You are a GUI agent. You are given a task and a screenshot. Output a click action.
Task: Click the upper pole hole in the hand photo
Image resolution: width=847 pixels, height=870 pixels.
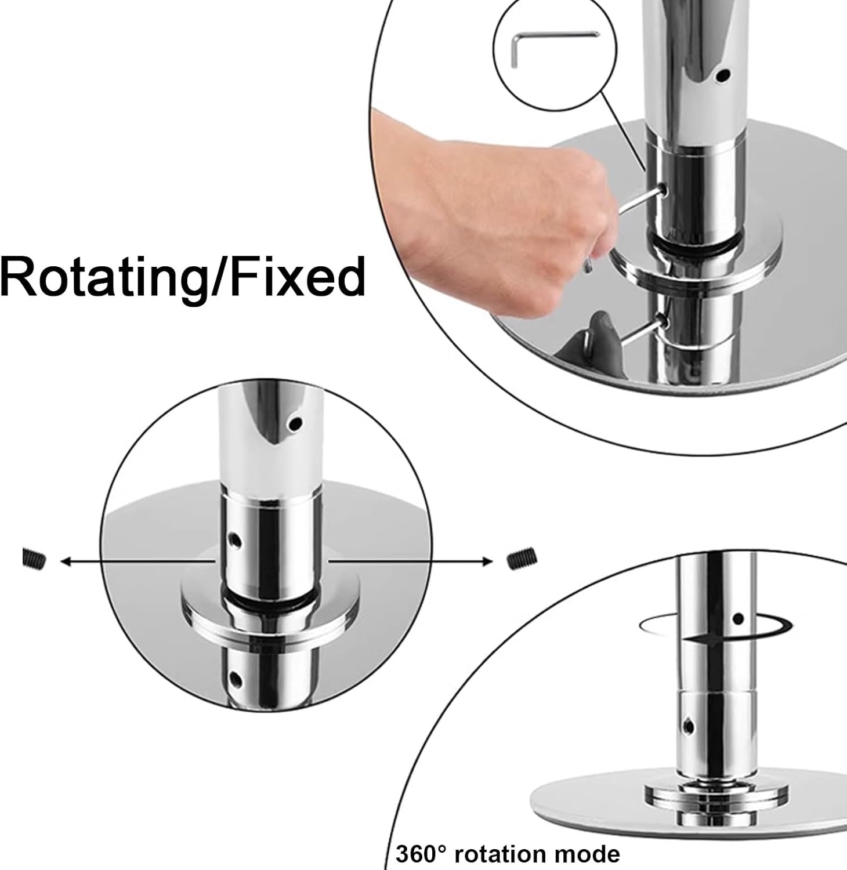click(722, 75)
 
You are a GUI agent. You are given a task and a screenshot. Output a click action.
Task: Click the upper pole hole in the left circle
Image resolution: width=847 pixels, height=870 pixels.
click(296, 424)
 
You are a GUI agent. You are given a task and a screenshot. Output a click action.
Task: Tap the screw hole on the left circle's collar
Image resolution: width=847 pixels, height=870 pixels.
click(235, 540)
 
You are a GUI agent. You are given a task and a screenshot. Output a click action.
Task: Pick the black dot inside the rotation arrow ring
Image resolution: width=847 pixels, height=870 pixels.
click(738, 619)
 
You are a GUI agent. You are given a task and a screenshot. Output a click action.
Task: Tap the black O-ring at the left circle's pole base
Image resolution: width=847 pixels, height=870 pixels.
click(270, 598)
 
